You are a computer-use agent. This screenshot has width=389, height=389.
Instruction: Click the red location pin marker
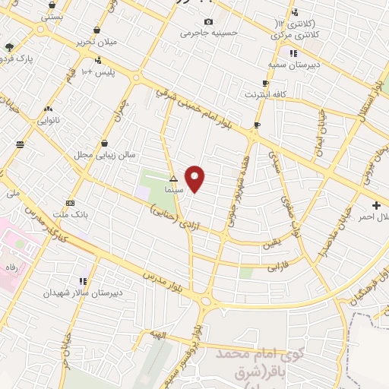point(195,179)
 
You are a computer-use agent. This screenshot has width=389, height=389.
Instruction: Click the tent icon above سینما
point(173,179)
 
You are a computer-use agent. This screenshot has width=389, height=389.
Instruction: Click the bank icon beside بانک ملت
point(71,203)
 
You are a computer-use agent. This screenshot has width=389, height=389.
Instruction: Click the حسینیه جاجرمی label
point(209,33)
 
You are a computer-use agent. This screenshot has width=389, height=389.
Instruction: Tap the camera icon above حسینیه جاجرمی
point(209,22)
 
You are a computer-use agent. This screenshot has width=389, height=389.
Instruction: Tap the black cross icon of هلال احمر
point(377,206)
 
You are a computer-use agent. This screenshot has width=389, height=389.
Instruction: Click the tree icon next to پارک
point(8,47)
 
